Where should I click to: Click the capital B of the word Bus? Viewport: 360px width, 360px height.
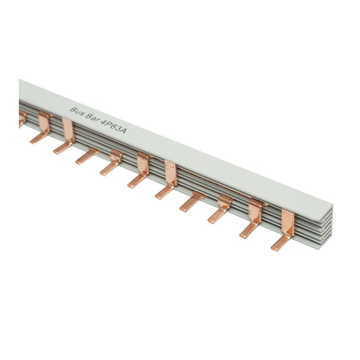[73, 107]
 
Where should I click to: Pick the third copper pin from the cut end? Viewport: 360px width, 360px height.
[221, 209]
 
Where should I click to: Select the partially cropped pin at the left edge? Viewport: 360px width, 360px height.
[22, 120]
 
